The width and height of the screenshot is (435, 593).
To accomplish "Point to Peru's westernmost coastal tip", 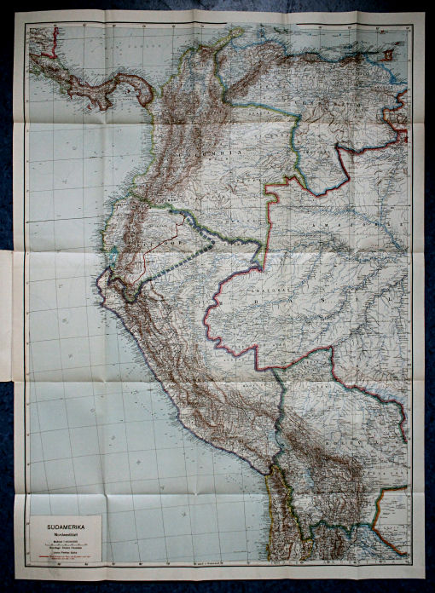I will click(x=97, y=280).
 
